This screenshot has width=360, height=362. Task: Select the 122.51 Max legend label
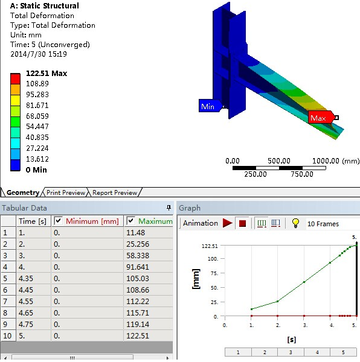pos(47,74)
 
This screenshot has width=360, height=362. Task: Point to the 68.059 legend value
pos(37,116)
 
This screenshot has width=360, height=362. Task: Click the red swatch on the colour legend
pos(15,78)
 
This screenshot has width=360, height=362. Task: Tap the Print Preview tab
pos(66,192)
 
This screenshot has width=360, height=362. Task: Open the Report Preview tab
pos(115,192)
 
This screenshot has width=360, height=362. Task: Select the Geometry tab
pos(22,192)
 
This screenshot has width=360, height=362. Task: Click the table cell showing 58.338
pos(138,256)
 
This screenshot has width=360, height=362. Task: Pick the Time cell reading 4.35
pos(25,278)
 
